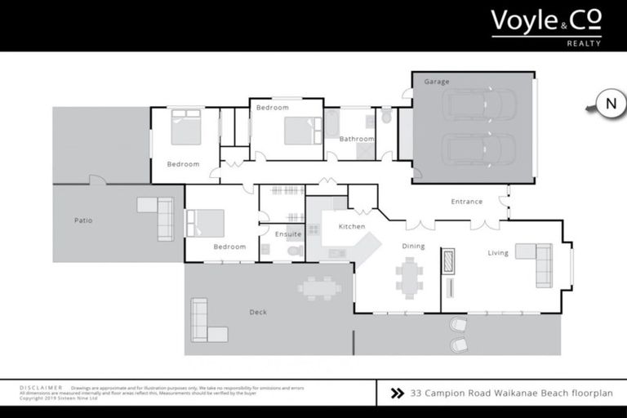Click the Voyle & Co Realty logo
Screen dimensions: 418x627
545,26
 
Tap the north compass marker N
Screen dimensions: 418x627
609,104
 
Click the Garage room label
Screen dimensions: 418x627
436,82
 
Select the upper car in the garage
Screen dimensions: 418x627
478,104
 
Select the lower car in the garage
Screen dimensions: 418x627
478,149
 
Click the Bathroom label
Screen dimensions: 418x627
357,139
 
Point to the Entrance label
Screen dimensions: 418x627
467,202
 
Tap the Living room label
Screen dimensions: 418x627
498,253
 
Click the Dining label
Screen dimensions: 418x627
414,246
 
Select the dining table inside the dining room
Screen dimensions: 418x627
409,276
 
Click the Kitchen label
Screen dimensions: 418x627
352,226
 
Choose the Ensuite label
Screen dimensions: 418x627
287,234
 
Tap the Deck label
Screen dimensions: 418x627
258,312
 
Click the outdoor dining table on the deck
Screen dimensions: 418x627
320,287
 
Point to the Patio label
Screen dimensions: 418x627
83,220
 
